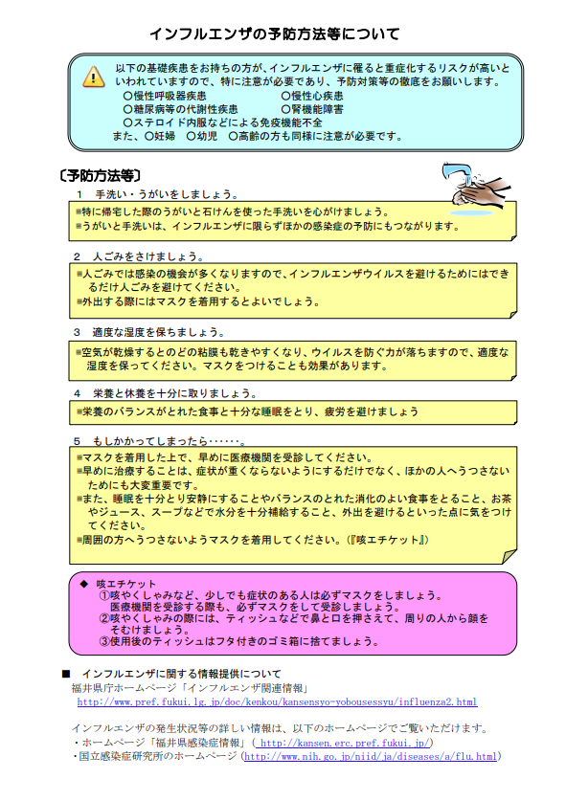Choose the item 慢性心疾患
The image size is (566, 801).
tap(317, 97)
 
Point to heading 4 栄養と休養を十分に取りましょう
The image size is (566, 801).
tap(166, 393)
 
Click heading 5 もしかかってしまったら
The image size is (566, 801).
tap(160, 441)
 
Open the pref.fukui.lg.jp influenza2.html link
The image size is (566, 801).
tap(277, 702)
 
